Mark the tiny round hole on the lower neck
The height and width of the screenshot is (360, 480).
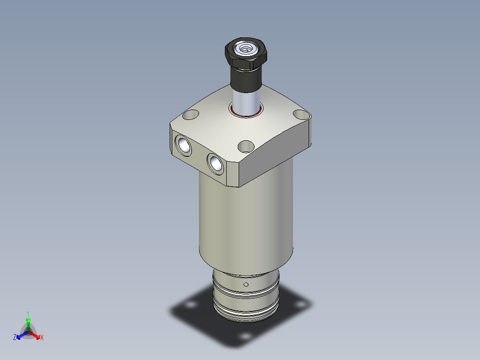(x=246, y=284)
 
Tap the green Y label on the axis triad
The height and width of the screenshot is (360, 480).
(x=28, y=313)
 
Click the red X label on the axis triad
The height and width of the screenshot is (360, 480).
(x=42, y=338)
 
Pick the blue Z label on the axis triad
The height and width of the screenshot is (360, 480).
(x=15, y=338)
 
